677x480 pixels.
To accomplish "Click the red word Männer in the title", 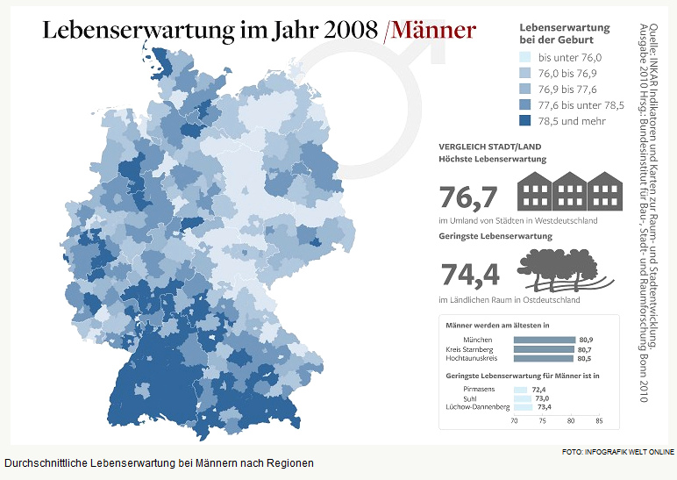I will (433, 29).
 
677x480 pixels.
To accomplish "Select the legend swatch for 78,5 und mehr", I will (525, 121).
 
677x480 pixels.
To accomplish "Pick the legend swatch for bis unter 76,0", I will (525, 58).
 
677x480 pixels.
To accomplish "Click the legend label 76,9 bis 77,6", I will (567, 90).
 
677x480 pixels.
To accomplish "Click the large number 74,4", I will (469, 275).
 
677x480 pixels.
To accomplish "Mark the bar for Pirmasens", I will (520, 389).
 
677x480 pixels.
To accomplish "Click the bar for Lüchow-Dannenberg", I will (524, 407).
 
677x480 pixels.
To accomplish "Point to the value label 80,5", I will (584, 359).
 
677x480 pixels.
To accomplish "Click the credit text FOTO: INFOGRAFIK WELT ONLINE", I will (617, 452).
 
